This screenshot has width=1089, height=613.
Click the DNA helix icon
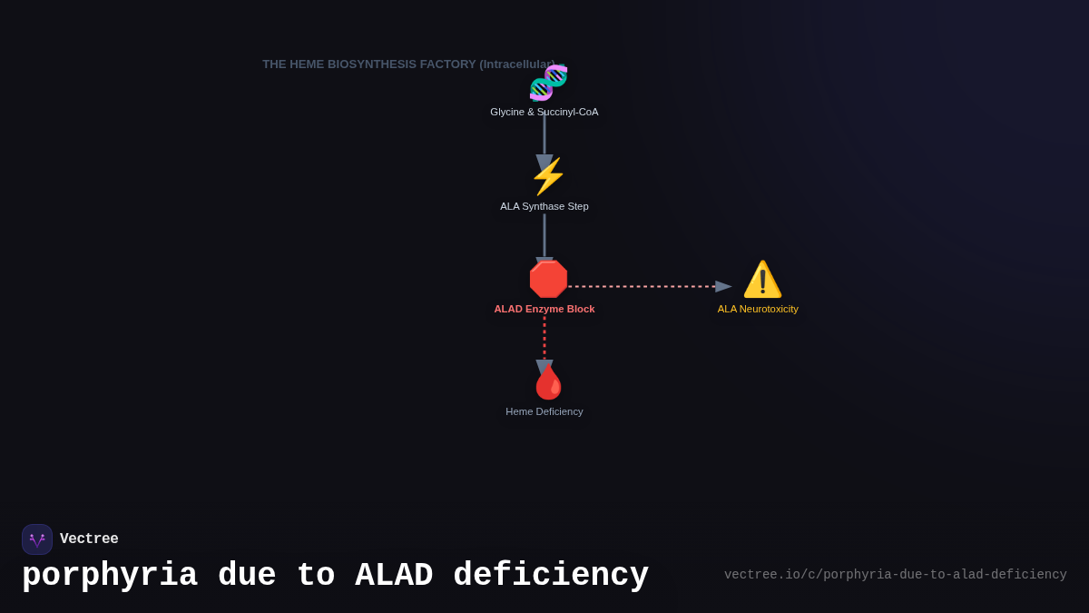548,83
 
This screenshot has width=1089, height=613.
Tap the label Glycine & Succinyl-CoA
544,112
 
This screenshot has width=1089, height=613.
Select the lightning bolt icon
547,176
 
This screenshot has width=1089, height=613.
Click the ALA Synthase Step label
544,206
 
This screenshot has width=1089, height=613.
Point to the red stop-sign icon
548,280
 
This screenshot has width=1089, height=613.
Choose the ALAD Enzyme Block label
544,309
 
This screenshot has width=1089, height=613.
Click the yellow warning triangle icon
762,280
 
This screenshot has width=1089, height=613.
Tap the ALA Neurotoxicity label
758,309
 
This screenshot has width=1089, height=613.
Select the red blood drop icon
548,382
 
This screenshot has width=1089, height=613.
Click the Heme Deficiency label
544,411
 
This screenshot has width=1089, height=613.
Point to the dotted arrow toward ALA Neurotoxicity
644,286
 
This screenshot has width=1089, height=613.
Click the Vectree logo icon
37,539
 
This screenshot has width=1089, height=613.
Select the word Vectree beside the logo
89,539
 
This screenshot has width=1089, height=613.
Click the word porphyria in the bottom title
110,576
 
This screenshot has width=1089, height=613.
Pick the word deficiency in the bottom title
551,576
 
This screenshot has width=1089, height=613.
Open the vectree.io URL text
895,575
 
